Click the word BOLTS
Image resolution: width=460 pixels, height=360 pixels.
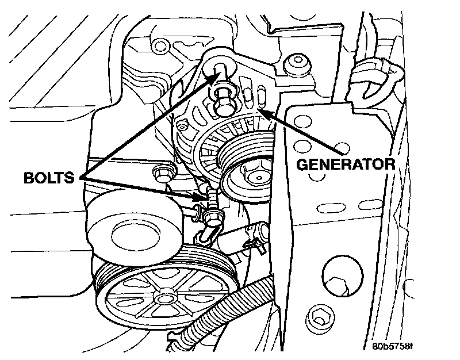[48, 177]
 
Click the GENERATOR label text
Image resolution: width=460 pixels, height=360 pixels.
[345, 164]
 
